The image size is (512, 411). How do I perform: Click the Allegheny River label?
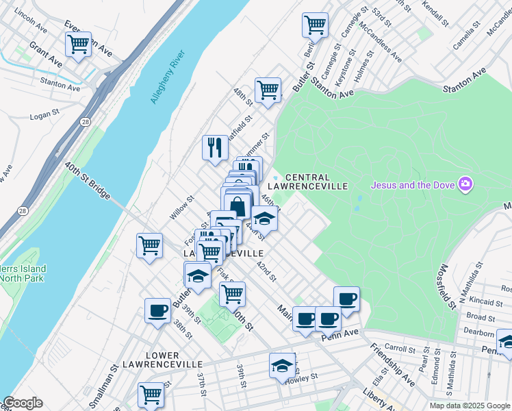pos(168,77)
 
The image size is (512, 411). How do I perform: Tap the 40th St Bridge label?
pos(88,181)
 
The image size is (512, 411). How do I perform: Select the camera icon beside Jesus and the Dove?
pos(465,184)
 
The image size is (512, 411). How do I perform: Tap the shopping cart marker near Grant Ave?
pos(79,45)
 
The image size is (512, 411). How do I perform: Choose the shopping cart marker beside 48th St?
pos(268,90)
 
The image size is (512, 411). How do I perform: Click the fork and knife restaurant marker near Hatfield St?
pos(215,147)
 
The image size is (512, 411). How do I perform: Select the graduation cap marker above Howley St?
pos(281,365)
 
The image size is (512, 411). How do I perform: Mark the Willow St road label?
pos(182,207)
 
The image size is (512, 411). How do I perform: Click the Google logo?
pos(22,403)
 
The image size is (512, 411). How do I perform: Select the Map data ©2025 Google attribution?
pos(468,406)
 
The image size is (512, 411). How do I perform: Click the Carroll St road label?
pos(400,349)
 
